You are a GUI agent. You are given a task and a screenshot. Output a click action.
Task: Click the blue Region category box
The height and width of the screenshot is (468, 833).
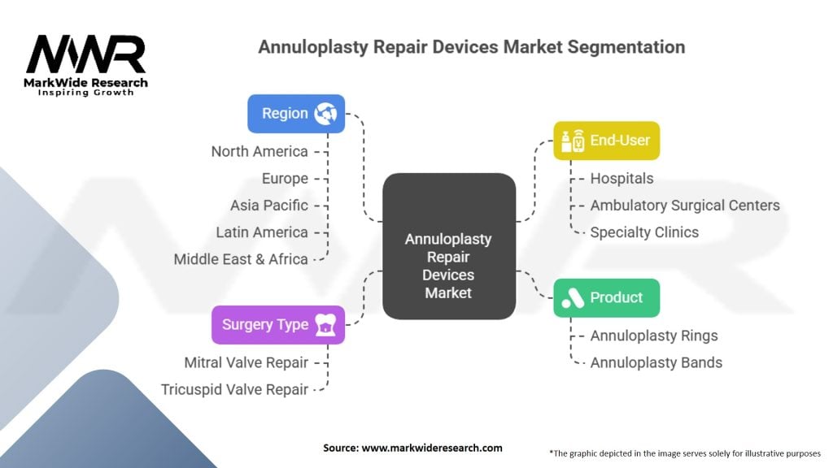pos(296,114)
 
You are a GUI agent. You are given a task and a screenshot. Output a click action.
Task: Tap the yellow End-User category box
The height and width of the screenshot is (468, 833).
pos(606,141)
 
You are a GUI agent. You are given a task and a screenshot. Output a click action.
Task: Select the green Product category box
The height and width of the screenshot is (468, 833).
pos(606,297)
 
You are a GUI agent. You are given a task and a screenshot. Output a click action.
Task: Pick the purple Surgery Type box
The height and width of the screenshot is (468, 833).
pos(278,324)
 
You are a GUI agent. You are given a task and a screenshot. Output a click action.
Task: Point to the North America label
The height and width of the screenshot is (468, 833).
pos(259,151)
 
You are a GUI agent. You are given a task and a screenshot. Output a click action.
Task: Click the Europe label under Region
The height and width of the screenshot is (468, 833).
pos(285,178)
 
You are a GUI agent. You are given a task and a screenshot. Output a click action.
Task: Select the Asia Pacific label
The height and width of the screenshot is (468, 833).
pos(269,205)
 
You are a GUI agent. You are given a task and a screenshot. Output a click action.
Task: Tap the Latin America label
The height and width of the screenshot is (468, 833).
pos(262,232)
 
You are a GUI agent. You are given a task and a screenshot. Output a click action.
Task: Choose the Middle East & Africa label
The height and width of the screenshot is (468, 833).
pos(241,259)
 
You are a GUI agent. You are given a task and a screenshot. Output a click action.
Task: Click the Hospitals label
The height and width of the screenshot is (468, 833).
pos(621,178)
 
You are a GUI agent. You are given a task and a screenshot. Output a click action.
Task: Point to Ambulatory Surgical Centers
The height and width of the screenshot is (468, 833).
pos(685,205)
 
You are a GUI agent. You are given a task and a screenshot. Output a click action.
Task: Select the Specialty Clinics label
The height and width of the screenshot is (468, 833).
pos(644,232)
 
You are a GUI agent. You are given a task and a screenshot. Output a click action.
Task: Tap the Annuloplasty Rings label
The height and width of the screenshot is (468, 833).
pos(654,336)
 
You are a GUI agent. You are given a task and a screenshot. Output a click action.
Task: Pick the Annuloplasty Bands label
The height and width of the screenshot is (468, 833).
pos(656,362)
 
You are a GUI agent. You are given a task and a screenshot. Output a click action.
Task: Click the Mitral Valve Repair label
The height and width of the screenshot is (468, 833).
pos(246,362)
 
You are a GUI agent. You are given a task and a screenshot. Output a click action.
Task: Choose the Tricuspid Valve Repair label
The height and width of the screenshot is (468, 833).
pos(235,389)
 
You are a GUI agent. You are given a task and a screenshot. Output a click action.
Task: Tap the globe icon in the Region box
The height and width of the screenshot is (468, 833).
pos(327,114)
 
